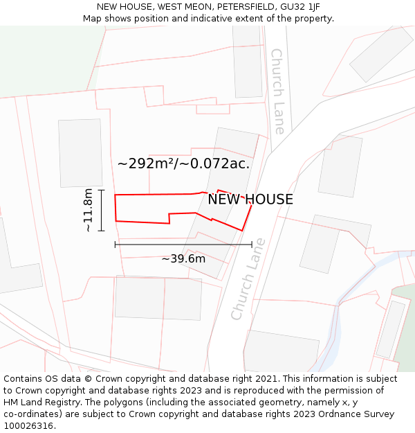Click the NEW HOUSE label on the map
[x=250, y=200]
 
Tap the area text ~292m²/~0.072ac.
[x=183, y=164]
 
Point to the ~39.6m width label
[x=183, y=259]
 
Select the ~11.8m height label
[x=88, y=210]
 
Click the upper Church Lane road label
[x=277, y=91]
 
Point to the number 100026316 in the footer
[x=28, y=426]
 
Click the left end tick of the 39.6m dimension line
[x=115, y=244]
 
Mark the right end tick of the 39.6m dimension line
[x=252, y=244]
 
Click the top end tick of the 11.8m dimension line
[x=102, y=190]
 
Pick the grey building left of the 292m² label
[x=80, y=152]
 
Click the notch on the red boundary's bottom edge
[x=169, y=218]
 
